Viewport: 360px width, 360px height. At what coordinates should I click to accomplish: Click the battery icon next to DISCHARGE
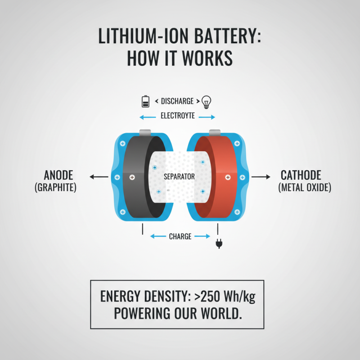[145, 102]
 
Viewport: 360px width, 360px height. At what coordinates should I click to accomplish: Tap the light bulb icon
[206, 102]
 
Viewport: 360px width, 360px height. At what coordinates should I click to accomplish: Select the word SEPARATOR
[179, 177]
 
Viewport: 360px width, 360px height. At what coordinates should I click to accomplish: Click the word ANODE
[58, 175]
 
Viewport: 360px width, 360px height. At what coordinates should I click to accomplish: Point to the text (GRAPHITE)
[55, 187]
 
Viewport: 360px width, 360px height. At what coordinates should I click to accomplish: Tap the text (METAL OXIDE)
[305, 187]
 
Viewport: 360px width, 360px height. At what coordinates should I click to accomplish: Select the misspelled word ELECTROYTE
[178, 116]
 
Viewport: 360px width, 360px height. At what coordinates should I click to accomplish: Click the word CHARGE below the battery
[180, 236]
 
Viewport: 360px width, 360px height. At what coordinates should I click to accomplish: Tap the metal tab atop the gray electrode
[145, 132]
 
